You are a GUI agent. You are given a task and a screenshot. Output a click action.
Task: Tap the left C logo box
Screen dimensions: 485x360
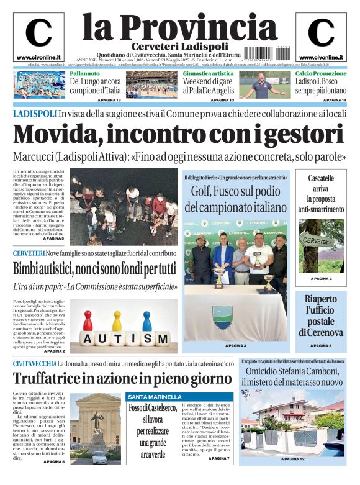coord(38,37)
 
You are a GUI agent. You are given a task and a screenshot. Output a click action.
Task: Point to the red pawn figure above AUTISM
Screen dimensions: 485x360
coord(89,321)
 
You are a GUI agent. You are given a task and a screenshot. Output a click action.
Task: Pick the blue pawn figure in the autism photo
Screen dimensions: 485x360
coord(146,321)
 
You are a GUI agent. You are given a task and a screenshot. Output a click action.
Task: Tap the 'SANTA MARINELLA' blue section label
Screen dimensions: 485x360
coord(155,397)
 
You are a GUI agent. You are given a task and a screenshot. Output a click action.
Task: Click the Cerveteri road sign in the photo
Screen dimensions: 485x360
coord(317,241)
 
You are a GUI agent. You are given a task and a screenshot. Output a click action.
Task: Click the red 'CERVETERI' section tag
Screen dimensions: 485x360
coord(29,253)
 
